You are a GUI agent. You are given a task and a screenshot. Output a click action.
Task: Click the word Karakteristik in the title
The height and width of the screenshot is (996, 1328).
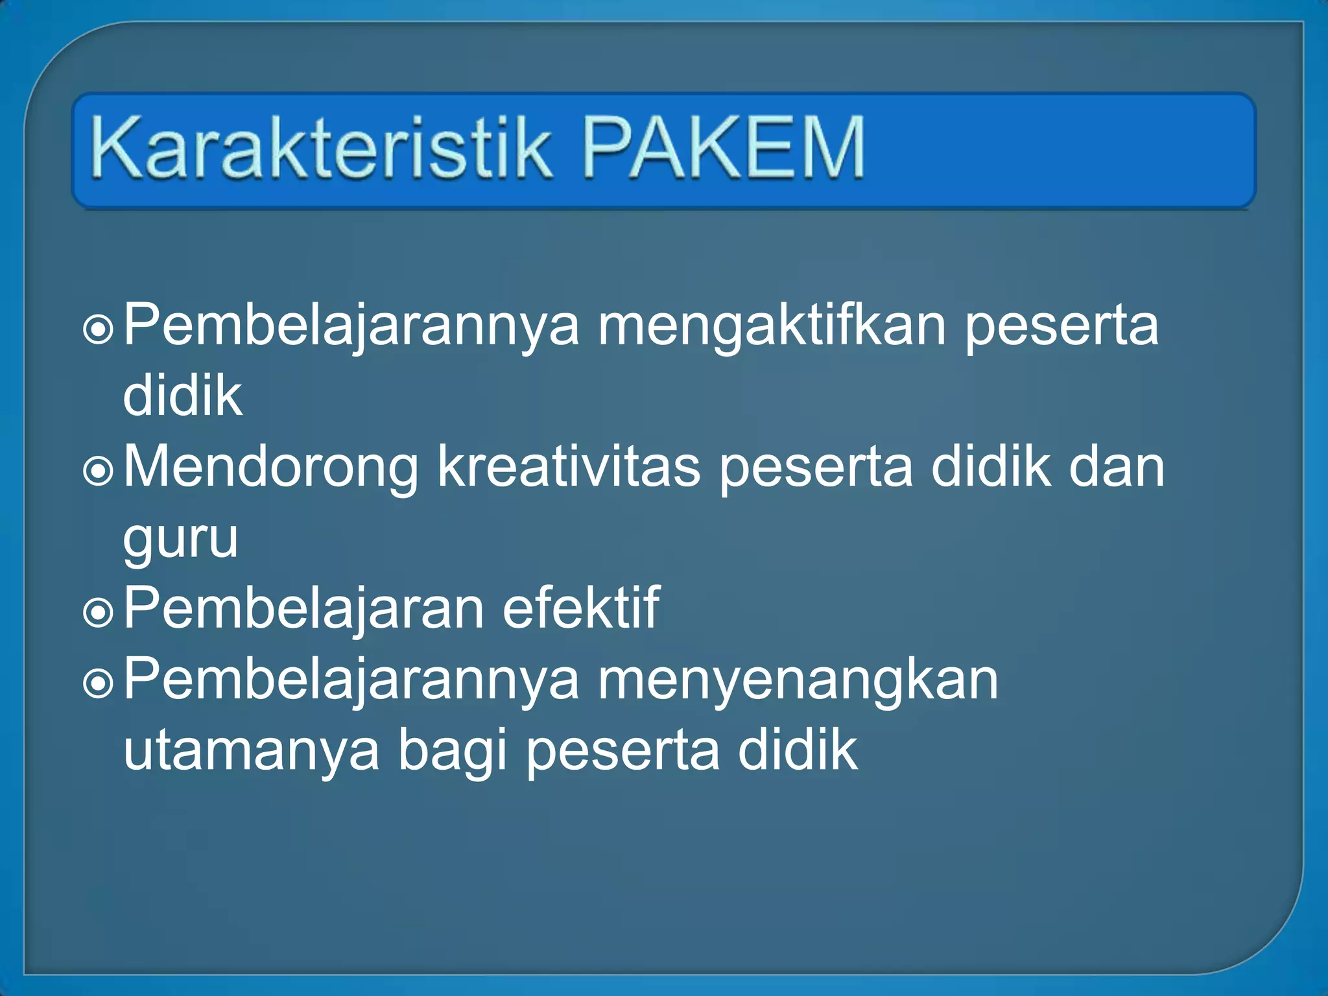click(x=321, y=147)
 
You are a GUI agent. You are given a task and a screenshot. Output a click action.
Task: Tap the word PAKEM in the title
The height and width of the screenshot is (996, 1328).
click(x=724, y=147)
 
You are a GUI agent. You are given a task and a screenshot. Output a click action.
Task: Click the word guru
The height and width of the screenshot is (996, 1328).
click(x=181, y=539)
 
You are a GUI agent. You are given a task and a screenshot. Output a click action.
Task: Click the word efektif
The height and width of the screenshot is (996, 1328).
click(x=580, y=608)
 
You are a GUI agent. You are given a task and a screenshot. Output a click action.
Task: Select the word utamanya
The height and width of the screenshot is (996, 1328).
click(x=251, y=751)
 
